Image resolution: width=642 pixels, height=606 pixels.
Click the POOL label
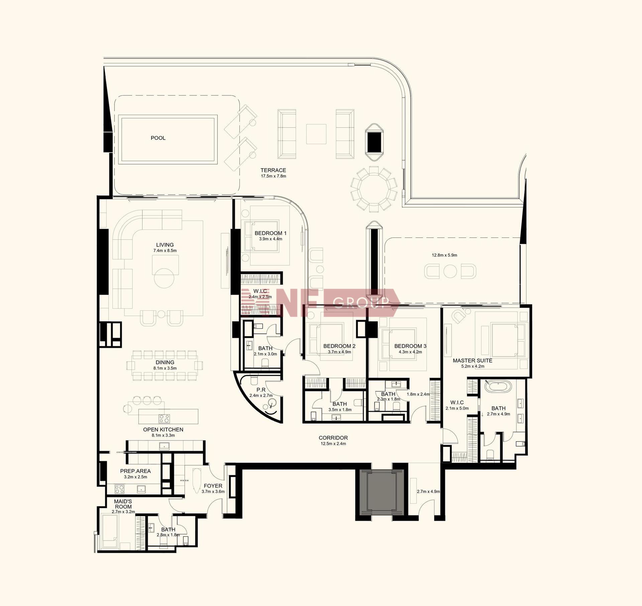(158, 138)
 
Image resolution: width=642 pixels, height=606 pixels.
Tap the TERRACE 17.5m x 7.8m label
(274, 173)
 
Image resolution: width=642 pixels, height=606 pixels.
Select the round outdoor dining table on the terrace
(374, 189)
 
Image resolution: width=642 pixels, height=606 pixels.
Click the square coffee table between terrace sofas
(316, 134)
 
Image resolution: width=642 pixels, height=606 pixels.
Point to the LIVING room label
(165, 245)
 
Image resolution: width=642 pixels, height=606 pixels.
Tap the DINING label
(165, 363)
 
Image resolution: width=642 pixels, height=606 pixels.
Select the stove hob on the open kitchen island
(164, 418)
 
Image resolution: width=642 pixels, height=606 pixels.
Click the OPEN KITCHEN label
(163, 430)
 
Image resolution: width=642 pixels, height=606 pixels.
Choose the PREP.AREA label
(135, 471)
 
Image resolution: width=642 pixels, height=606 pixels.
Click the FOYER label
(213, 486)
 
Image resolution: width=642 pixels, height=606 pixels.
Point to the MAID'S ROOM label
(123, 504)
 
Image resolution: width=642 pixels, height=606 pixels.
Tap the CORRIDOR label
(333, 438)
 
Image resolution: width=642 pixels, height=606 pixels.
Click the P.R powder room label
(261, 390)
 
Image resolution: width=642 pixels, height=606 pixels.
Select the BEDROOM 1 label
(271, 233)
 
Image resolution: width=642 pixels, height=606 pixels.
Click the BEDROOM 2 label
(339, 346)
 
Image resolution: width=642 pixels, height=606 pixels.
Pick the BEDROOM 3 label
(410, 346)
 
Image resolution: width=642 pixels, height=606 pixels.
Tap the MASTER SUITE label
(472, 361)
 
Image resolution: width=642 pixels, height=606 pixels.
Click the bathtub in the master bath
(498, 386)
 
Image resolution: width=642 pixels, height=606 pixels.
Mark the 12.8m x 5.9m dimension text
(444, 255)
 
